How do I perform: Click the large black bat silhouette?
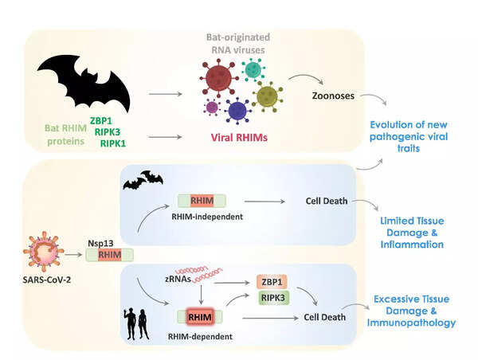click(x=84, y=80)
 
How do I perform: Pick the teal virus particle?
click(x=254, y=69)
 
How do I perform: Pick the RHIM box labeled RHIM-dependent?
click(x=202, y=317)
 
